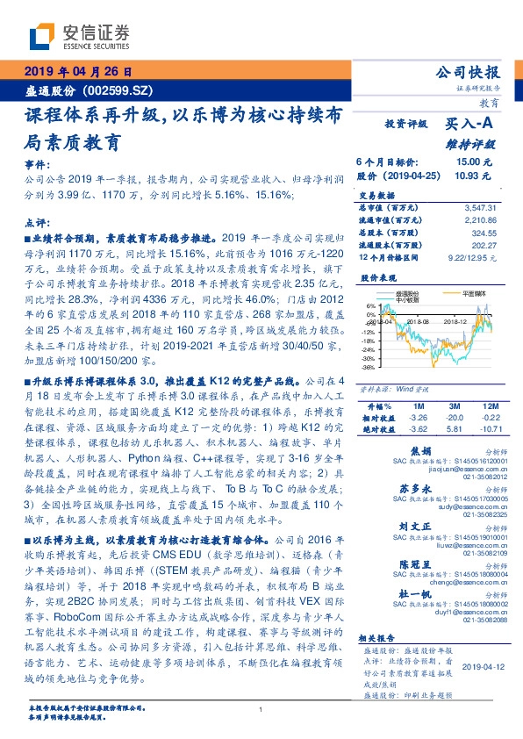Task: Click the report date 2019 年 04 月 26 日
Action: point(77,71)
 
